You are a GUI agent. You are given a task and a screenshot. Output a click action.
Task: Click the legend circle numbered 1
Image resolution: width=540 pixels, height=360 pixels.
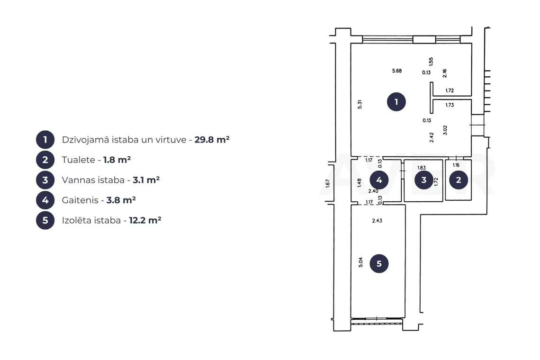pyautogui.click(x=45, y=140)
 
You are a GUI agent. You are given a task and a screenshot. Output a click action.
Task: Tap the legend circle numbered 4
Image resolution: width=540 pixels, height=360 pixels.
pyautogui.click(x=45, y=200)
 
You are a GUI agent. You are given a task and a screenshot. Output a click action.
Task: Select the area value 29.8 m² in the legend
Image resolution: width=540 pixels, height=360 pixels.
pyautogui.click(x=212, y=139)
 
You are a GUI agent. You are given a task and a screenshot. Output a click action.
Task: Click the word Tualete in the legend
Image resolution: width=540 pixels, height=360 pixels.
pyautogui.click(x=79, y=160)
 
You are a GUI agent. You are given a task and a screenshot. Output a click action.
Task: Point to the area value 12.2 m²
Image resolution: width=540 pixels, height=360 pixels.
pyautogui.click(x=145, y=220)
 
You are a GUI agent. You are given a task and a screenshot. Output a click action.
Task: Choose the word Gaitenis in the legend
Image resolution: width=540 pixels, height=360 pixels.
pyautogui.click(x=80, y=200)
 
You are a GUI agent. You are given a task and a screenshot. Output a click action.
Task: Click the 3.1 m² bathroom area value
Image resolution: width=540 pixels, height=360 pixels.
pyautogui.click(x=146, y=180)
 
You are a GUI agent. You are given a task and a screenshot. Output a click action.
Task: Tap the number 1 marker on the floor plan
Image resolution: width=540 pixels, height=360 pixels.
pyautogui.click(x=396, y=102)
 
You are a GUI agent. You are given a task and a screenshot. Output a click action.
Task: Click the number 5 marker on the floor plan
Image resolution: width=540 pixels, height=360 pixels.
pyautogui.click(x=379, y=263)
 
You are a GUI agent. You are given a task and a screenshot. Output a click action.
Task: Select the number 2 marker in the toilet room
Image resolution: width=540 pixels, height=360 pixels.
pyautogui.click(x=459, y=180)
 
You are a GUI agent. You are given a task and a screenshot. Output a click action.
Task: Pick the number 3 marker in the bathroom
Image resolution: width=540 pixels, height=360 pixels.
pyautogui.click(x=423, y=180)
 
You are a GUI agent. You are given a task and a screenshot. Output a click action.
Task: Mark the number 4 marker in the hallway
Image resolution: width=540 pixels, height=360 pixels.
pyautogui.click(x=379, y=180)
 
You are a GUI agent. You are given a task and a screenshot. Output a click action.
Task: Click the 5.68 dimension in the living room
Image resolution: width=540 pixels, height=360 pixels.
pyautogui.click(x=397, y=71)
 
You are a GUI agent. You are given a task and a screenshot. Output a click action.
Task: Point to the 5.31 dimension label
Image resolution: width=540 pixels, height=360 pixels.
pyautogui.click(x=360, y=104)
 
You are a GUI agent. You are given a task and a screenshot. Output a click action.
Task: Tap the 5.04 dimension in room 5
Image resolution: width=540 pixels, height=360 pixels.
pyautogui.click(x=360, y=262)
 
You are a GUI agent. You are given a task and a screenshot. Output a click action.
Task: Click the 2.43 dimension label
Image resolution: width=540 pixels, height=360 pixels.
pyautogui.click(x=377, y=220)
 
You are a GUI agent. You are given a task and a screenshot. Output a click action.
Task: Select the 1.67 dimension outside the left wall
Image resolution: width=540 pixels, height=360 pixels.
pyautogui.click(x=327, y=183)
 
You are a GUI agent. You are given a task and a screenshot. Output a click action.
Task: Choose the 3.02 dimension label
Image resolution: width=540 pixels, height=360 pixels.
pyautogui.click(x=445, y=130)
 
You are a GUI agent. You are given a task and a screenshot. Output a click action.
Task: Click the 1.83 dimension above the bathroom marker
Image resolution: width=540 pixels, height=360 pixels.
pyautogui.click(x=422, y=168)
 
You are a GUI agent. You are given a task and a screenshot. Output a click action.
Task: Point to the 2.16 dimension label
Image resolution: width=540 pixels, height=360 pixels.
pyautogui.click(x=445, y=73)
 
